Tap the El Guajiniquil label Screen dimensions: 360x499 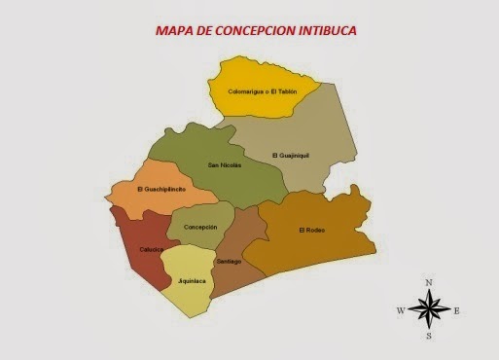click(x=290, y=155)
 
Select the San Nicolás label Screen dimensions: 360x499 click(x=225, y=164)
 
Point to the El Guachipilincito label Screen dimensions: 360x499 click(x=162, y=189)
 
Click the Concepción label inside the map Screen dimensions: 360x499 click(x=199, y=227)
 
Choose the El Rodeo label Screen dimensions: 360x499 click(x=313, y=230)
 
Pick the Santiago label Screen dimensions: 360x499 click(x=229, y=261)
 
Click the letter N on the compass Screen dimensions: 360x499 click(x=429, y=282)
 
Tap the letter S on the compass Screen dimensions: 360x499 click(x=429, y=337)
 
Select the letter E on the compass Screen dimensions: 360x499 click(x=456, y=310)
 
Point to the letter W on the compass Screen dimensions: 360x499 click(x=401, y=310)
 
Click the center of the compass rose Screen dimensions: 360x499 click(x=429, y=310)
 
